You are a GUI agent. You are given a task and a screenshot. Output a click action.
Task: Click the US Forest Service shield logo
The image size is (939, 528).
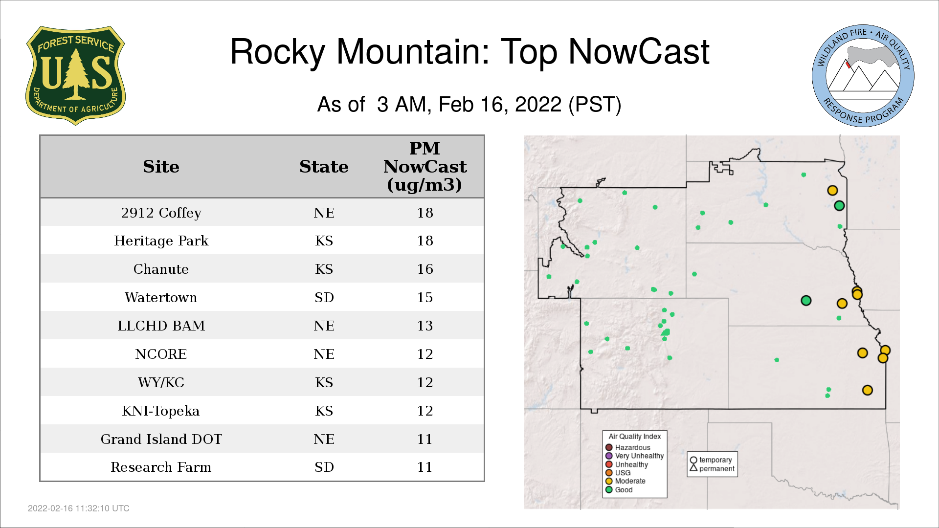pyautogui.click(x=75, y=75)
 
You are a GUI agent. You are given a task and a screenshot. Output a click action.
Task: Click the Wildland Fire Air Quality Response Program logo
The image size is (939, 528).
pyautogui.click(x=863, y=76)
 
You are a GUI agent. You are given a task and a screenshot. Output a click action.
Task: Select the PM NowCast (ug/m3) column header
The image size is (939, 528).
pyautogui.click(x=425, y=166)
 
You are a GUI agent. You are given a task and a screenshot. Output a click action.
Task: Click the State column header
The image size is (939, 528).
pyautogui.click(x=324, y=167)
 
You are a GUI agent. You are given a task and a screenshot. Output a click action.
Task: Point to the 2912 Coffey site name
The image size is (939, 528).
pyautogui.click(x=161, y=213)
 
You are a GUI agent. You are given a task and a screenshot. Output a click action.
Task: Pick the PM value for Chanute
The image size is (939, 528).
pyautogui.click(x=425, y=269)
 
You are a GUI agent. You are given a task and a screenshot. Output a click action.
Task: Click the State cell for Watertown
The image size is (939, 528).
pyautogui.click(x=324, y=297)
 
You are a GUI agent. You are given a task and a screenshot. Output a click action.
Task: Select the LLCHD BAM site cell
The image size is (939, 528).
pyautogui.click(x=161, y=326)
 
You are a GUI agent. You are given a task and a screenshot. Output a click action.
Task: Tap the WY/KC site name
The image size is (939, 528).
pyautogui.click(x=161, y=382)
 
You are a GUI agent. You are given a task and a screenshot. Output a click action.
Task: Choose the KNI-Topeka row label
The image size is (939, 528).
pyautogui.click(x=161, y=411)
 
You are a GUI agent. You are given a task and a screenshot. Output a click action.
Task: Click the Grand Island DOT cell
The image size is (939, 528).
pyautogui.click(x=161, y=439)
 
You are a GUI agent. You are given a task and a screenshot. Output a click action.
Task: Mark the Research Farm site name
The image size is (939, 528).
pyautogui.click(x=161, y=467)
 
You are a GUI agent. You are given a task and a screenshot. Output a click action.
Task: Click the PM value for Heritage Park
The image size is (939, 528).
pyautogui.click(x=425, y=241)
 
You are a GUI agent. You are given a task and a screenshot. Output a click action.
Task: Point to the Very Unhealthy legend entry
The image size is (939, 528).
pyautogui.click(x=635, y=456)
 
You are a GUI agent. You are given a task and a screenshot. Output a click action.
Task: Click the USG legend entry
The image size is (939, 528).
pyautogui.click(x=618, y=473)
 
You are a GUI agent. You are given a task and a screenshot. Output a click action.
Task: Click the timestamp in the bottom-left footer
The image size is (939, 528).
pyautogui.click(x=79, y=508)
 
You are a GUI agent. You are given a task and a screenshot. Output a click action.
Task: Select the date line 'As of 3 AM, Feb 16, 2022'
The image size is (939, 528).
pyautogui.click(x=469, y=104)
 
